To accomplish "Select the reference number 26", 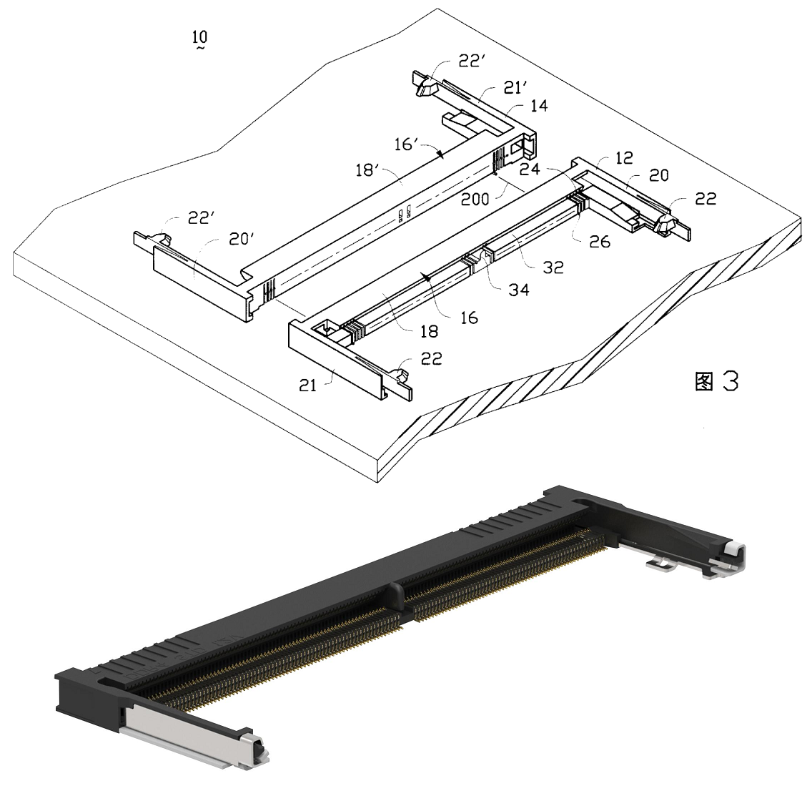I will pos(600,241).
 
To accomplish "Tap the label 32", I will pos(553,267).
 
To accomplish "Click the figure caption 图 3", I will pos(716,381).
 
